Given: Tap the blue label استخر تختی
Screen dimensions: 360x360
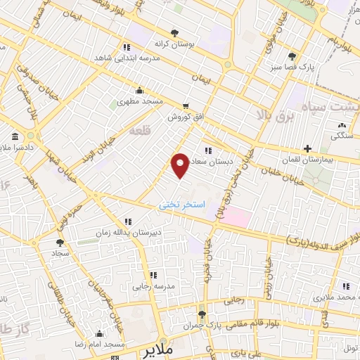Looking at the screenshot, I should click(x=181, y=205).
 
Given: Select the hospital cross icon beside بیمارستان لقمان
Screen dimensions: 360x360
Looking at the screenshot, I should click(x=307, y=148).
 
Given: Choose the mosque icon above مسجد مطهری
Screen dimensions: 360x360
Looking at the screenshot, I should click(x=139, y=90).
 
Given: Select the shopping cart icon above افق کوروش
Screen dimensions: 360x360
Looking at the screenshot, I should click(x=186, y=106).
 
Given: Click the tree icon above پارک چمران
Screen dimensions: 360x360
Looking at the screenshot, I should click(x=202, y=314).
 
